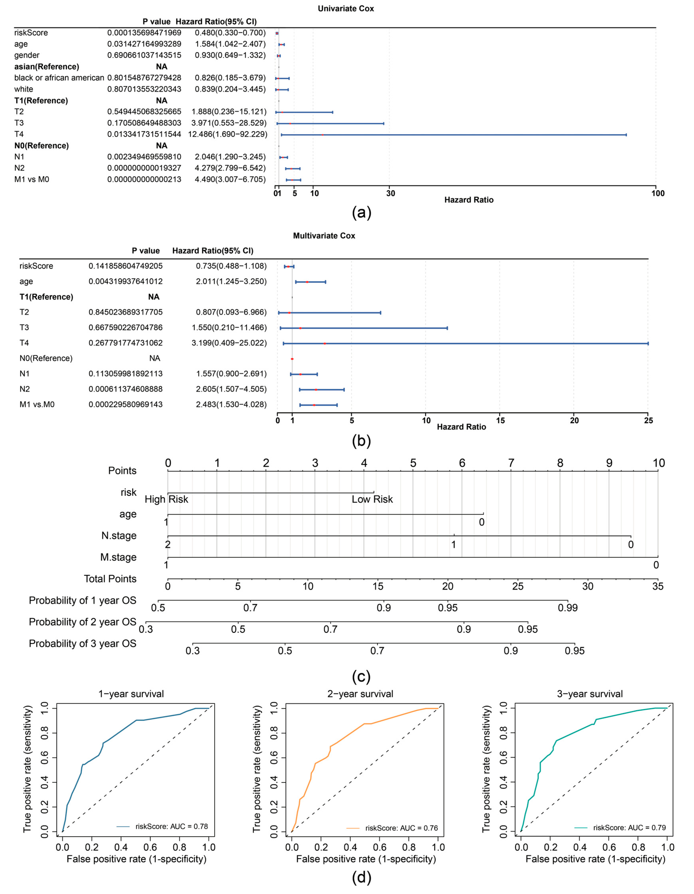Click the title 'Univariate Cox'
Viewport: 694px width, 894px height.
(x=346, y=9)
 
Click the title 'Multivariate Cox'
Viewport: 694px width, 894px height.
(x=324, y=236)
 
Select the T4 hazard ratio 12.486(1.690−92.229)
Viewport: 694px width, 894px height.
(x=228, y=134)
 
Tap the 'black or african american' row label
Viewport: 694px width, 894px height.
(x=59, y=78)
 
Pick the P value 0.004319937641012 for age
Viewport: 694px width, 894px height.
(x=126, y=282)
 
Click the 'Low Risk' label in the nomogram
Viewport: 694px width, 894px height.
(x=372, y=499)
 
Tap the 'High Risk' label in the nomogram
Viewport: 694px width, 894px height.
(x=166, y=499)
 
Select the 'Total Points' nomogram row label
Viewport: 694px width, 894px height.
(x=110, y=579)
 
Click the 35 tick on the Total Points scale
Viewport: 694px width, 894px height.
(x=658, y=587)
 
